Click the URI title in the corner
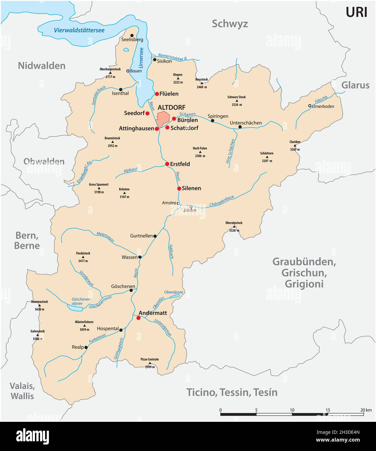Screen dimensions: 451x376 point(356,12)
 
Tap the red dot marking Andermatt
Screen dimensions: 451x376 point(138,318)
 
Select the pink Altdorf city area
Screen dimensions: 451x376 point(163,117)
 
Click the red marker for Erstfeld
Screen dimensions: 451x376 point(167,164)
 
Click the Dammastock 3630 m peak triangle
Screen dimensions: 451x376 point(40,306)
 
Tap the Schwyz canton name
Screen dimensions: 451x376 point(230,24)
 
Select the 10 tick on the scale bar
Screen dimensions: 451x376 point(292,410)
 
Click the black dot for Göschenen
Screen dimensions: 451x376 point(131,290)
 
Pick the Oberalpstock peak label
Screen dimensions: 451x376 point(234,223)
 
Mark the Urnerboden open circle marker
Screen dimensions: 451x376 point(310,106)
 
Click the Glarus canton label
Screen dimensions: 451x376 point(355,85)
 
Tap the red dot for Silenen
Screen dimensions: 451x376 point(179,189)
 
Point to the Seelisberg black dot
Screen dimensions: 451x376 point(132,35)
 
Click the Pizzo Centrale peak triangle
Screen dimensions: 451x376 point(149,363)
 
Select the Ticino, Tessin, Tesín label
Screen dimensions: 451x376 point(232,392)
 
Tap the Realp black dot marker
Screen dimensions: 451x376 point(86,347)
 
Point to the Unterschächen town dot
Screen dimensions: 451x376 point(240,127)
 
